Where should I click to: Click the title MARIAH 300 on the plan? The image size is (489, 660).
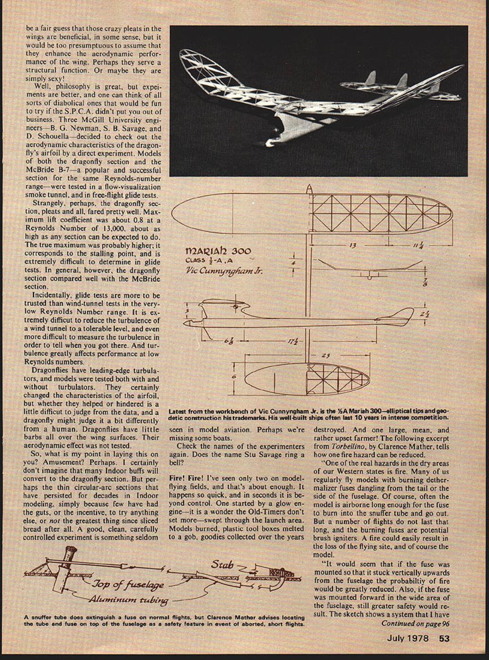pos(218,251)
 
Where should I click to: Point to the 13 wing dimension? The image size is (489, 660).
pos(352,245)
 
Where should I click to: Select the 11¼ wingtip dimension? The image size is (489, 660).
pos(418,245)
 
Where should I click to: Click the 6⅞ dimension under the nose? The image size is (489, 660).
pos(228,341)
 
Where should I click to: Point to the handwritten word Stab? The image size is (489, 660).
pos(222,564)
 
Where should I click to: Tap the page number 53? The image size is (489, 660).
pos(444,638)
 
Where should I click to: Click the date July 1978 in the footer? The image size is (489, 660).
pos(408,638)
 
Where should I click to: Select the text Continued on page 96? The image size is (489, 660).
pos(415,623)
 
